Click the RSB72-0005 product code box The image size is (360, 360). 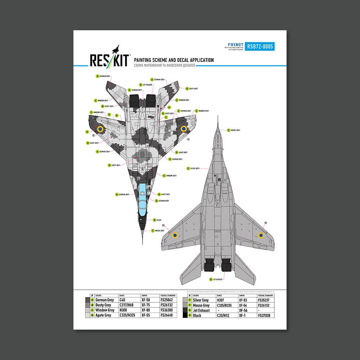coord(260,46)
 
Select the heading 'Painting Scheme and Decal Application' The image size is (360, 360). coord(174,60)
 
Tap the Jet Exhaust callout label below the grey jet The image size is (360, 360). coord(216,279)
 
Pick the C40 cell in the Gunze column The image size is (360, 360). coord(123,300)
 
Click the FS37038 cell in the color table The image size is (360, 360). coord(264,315)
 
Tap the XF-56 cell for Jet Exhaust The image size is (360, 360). coord(243,310)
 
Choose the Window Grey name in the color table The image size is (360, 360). coord(105,310)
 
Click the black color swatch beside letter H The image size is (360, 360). coord(184,315)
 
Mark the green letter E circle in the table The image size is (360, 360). coord(190,300)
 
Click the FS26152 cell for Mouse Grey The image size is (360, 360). coord(264,305)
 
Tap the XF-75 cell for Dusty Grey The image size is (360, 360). coord(145,305)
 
